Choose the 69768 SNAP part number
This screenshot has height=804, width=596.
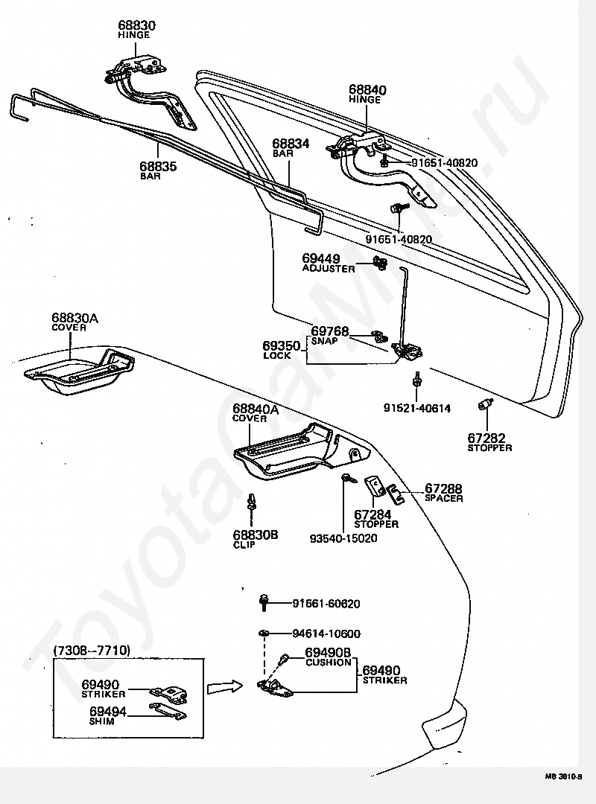(329, 331)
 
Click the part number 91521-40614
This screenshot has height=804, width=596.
(417, 408)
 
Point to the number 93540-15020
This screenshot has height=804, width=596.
(343, 538)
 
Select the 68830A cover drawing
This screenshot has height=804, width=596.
(77, 371)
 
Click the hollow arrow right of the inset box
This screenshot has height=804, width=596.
(224, 686)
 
